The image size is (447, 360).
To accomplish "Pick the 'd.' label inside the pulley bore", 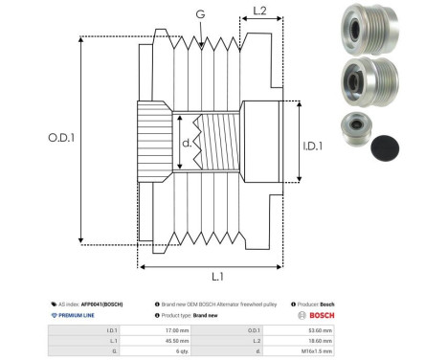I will coord(187,144).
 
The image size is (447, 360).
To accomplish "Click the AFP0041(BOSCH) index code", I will coord(99,301).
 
